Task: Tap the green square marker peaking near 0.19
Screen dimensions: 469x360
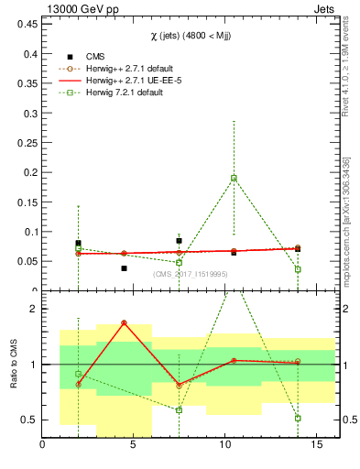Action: pyautogui.click(x=234, y=178)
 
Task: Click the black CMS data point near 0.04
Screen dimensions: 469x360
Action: pyautogui.click(x=124, y=268)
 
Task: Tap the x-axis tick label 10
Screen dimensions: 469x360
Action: pyautogui.click(x=225, y=446)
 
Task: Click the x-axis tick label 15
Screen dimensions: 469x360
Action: pyautogui.click(x=316, y=446)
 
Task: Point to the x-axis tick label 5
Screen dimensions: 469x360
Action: pyautogui.click(x=134, y=446)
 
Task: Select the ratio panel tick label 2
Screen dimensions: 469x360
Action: pyautogui.click(x=33, y=310)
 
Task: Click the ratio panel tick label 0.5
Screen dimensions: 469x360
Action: pyautogui.click(x=28, y=420)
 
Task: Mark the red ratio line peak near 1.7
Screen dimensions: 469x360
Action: pyautogui.click(x=124, y=323)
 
